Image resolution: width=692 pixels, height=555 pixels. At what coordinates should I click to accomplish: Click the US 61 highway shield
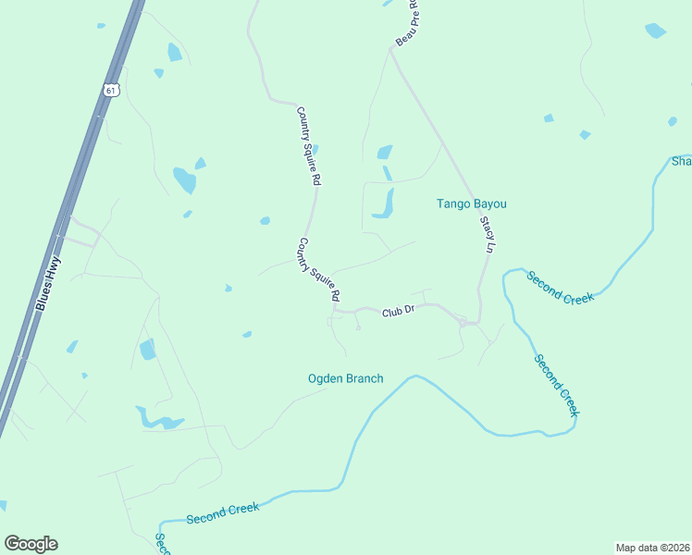point(111,90)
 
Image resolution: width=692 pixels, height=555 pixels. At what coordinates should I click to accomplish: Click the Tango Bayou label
point(472,203)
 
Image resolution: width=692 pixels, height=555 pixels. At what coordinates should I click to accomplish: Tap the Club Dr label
point(397,313)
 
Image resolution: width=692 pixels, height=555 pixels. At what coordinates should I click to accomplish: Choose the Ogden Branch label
point(345,378)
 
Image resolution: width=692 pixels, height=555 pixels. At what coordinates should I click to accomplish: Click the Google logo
point(31,543)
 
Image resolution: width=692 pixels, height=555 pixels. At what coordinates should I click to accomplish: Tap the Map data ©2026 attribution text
point(652,547)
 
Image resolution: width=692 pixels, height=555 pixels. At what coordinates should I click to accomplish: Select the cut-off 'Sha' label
point(681,162)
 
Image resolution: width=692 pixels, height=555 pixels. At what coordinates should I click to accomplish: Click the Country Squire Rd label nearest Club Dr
point(319,270)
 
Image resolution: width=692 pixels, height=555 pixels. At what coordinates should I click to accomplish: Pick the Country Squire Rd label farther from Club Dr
point(308,147)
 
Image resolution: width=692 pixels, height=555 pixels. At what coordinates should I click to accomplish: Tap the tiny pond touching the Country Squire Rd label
point(315,150)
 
